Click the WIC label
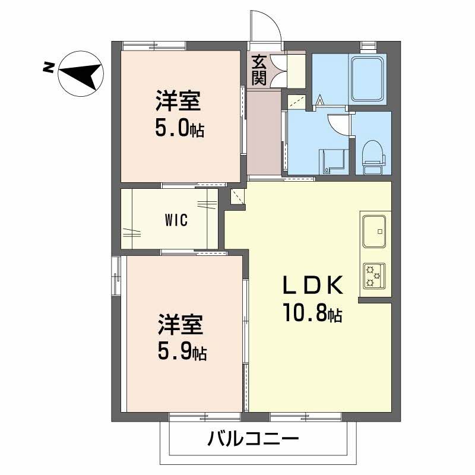click(x=176, y=220)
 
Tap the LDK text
click(x=313, y=285)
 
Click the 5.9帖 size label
click(x=182, y=351)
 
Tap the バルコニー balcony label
click(x=253, y=438)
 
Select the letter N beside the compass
click(x=49, y=67)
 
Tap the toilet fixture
click(x=373, y=157)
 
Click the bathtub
click(x=368, y=80)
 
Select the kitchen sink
click(x=374, y=232)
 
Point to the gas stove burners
click(x=374, y=276)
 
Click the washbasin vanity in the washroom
click(x=332, y=161)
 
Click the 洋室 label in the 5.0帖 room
click(x=178, y=101)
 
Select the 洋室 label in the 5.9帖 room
click(x=180, y=324)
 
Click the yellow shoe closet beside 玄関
click(x=296, y=71)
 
